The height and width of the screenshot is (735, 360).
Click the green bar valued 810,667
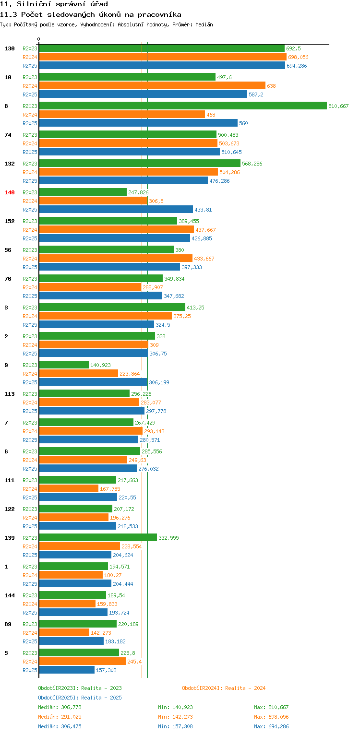(182, 106)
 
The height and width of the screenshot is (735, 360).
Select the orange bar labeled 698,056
(162, 57)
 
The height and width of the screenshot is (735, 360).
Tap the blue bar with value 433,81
(115, 210)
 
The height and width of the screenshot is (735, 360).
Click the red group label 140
(10, 192)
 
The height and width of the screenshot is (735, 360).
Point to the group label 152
(10, 221)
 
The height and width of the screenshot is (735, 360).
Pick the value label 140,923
(100, 365)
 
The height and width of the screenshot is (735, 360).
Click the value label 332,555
(168, 538)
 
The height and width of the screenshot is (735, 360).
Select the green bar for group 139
(97, 538)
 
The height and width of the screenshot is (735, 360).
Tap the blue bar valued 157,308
(66, 670)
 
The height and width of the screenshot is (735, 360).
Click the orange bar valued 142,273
(64, 633)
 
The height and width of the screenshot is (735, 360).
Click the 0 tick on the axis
(39, 39)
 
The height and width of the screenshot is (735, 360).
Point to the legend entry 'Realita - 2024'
(224, 688)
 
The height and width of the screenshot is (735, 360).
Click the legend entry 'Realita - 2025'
(80, 698)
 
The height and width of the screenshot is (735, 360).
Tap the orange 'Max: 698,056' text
(271, 717)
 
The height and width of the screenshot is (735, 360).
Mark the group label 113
(10, 394)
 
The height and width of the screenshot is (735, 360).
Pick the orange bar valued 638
(152, 86)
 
